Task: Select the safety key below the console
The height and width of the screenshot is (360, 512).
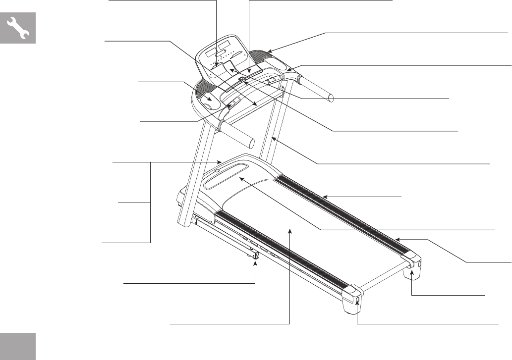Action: coord(241,78)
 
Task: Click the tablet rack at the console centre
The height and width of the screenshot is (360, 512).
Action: coord(230,67)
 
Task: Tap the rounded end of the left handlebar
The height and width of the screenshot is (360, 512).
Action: coord(252,143)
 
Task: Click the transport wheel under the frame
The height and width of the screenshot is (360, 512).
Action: coord(254,257)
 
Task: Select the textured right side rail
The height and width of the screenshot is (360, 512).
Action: coord(342,208)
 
